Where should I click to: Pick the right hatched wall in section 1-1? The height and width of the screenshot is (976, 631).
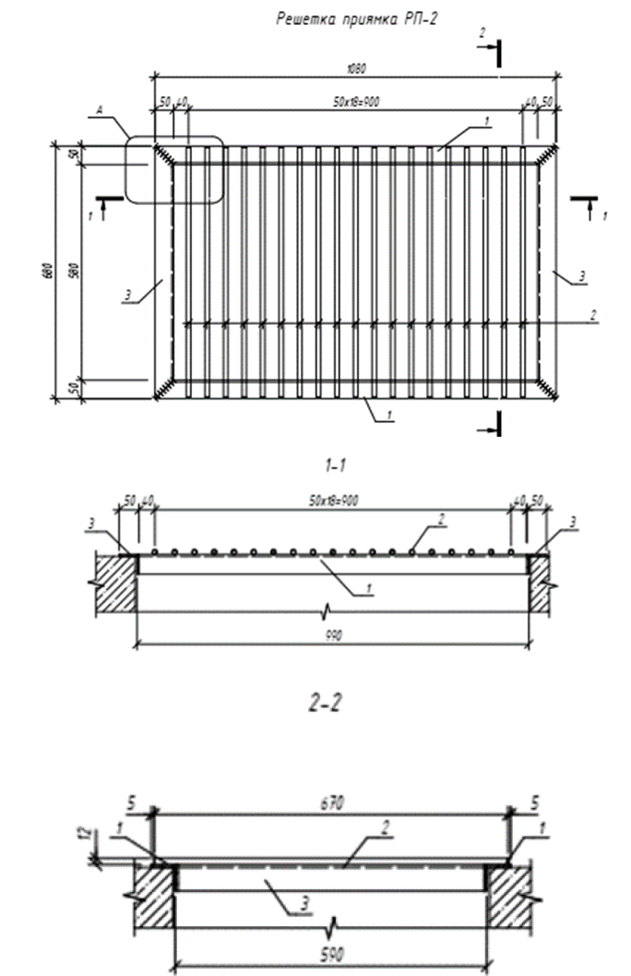pyautogui.click(x=541, y=582)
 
